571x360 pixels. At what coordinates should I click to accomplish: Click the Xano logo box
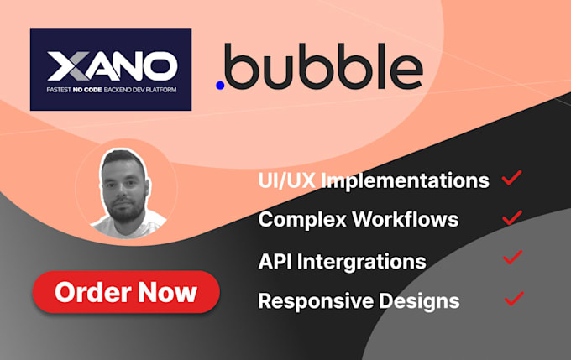click(x=110, y=70)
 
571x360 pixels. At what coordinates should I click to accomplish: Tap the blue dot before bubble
click(x=220, y=86)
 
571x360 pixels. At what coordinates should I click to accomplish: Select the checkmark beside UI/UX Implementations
click(x=511, y=178)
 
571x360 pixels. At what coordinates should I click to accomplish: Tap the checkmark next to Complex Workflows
click(x=511, y=218)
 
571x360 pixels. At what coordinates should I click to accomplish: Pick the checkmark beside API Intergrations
click(x=511, y=258)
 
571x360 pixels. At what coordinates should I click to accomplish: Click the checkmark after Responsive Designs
click(x=513, y=298)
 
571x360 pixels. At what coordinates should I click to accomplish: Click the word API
click(x=275, y=260)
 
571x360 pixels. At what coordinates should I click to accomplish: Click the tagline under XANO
click(x=110, y=89)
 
